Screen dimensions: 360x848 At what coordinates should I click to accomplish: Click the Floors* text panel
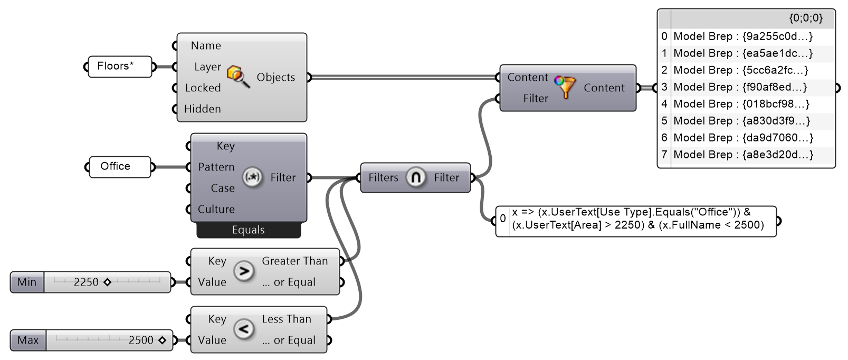tap(119, 67)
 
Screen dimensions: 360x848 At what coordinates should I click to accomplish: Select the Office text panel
tap(119, 167)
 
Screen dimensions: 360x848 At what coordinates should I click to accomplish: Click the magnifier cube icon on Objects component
tap(238, 77)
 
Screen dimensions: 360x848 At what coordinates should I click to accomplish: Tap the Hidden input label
tap(202, 109)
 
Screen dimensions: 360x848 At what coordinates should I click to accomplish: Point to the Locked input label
tap(203, 88)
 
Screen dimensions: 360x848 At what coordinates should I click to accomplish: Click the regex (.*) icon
tap(252, 177)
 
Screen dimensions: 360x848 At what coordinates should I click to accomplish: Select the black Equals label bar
tap(248, 230)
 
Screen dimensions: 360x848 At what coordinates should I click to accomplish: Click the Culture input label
tap(216, 210)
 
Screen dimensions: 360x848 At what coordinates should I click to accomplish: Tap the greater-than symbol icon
tap(244, 271)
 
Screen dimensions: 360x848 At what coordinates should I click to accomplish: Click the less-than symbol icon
tap(244, 329)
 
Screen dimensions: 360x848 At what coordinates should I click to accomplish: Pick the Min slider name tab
tap(27, 282)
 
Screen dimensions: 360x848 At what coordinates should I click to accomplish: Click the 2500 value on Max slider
tap(141, 340)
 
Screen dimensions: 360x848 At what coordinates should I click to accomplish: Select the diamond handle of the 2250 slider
tap(107, 282)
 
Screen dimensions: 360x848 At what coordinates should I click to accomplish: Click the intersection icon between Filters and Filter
tap(415, 177)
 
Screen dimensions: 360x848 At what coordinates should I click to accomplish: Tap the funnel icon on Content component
tap(566, 88)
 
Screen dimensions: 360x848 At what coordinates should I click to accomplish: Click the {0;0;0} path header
tap(805, 18)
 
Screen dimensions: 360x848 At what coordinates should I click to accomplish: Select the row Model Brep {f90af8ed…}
tap(740, 87)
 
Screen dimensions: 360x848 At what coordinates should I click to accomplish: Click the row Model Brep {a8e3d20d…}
tap(743, 155)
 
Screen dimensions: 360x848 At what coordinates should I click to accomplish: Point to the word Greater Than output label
tap(294, 261)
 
